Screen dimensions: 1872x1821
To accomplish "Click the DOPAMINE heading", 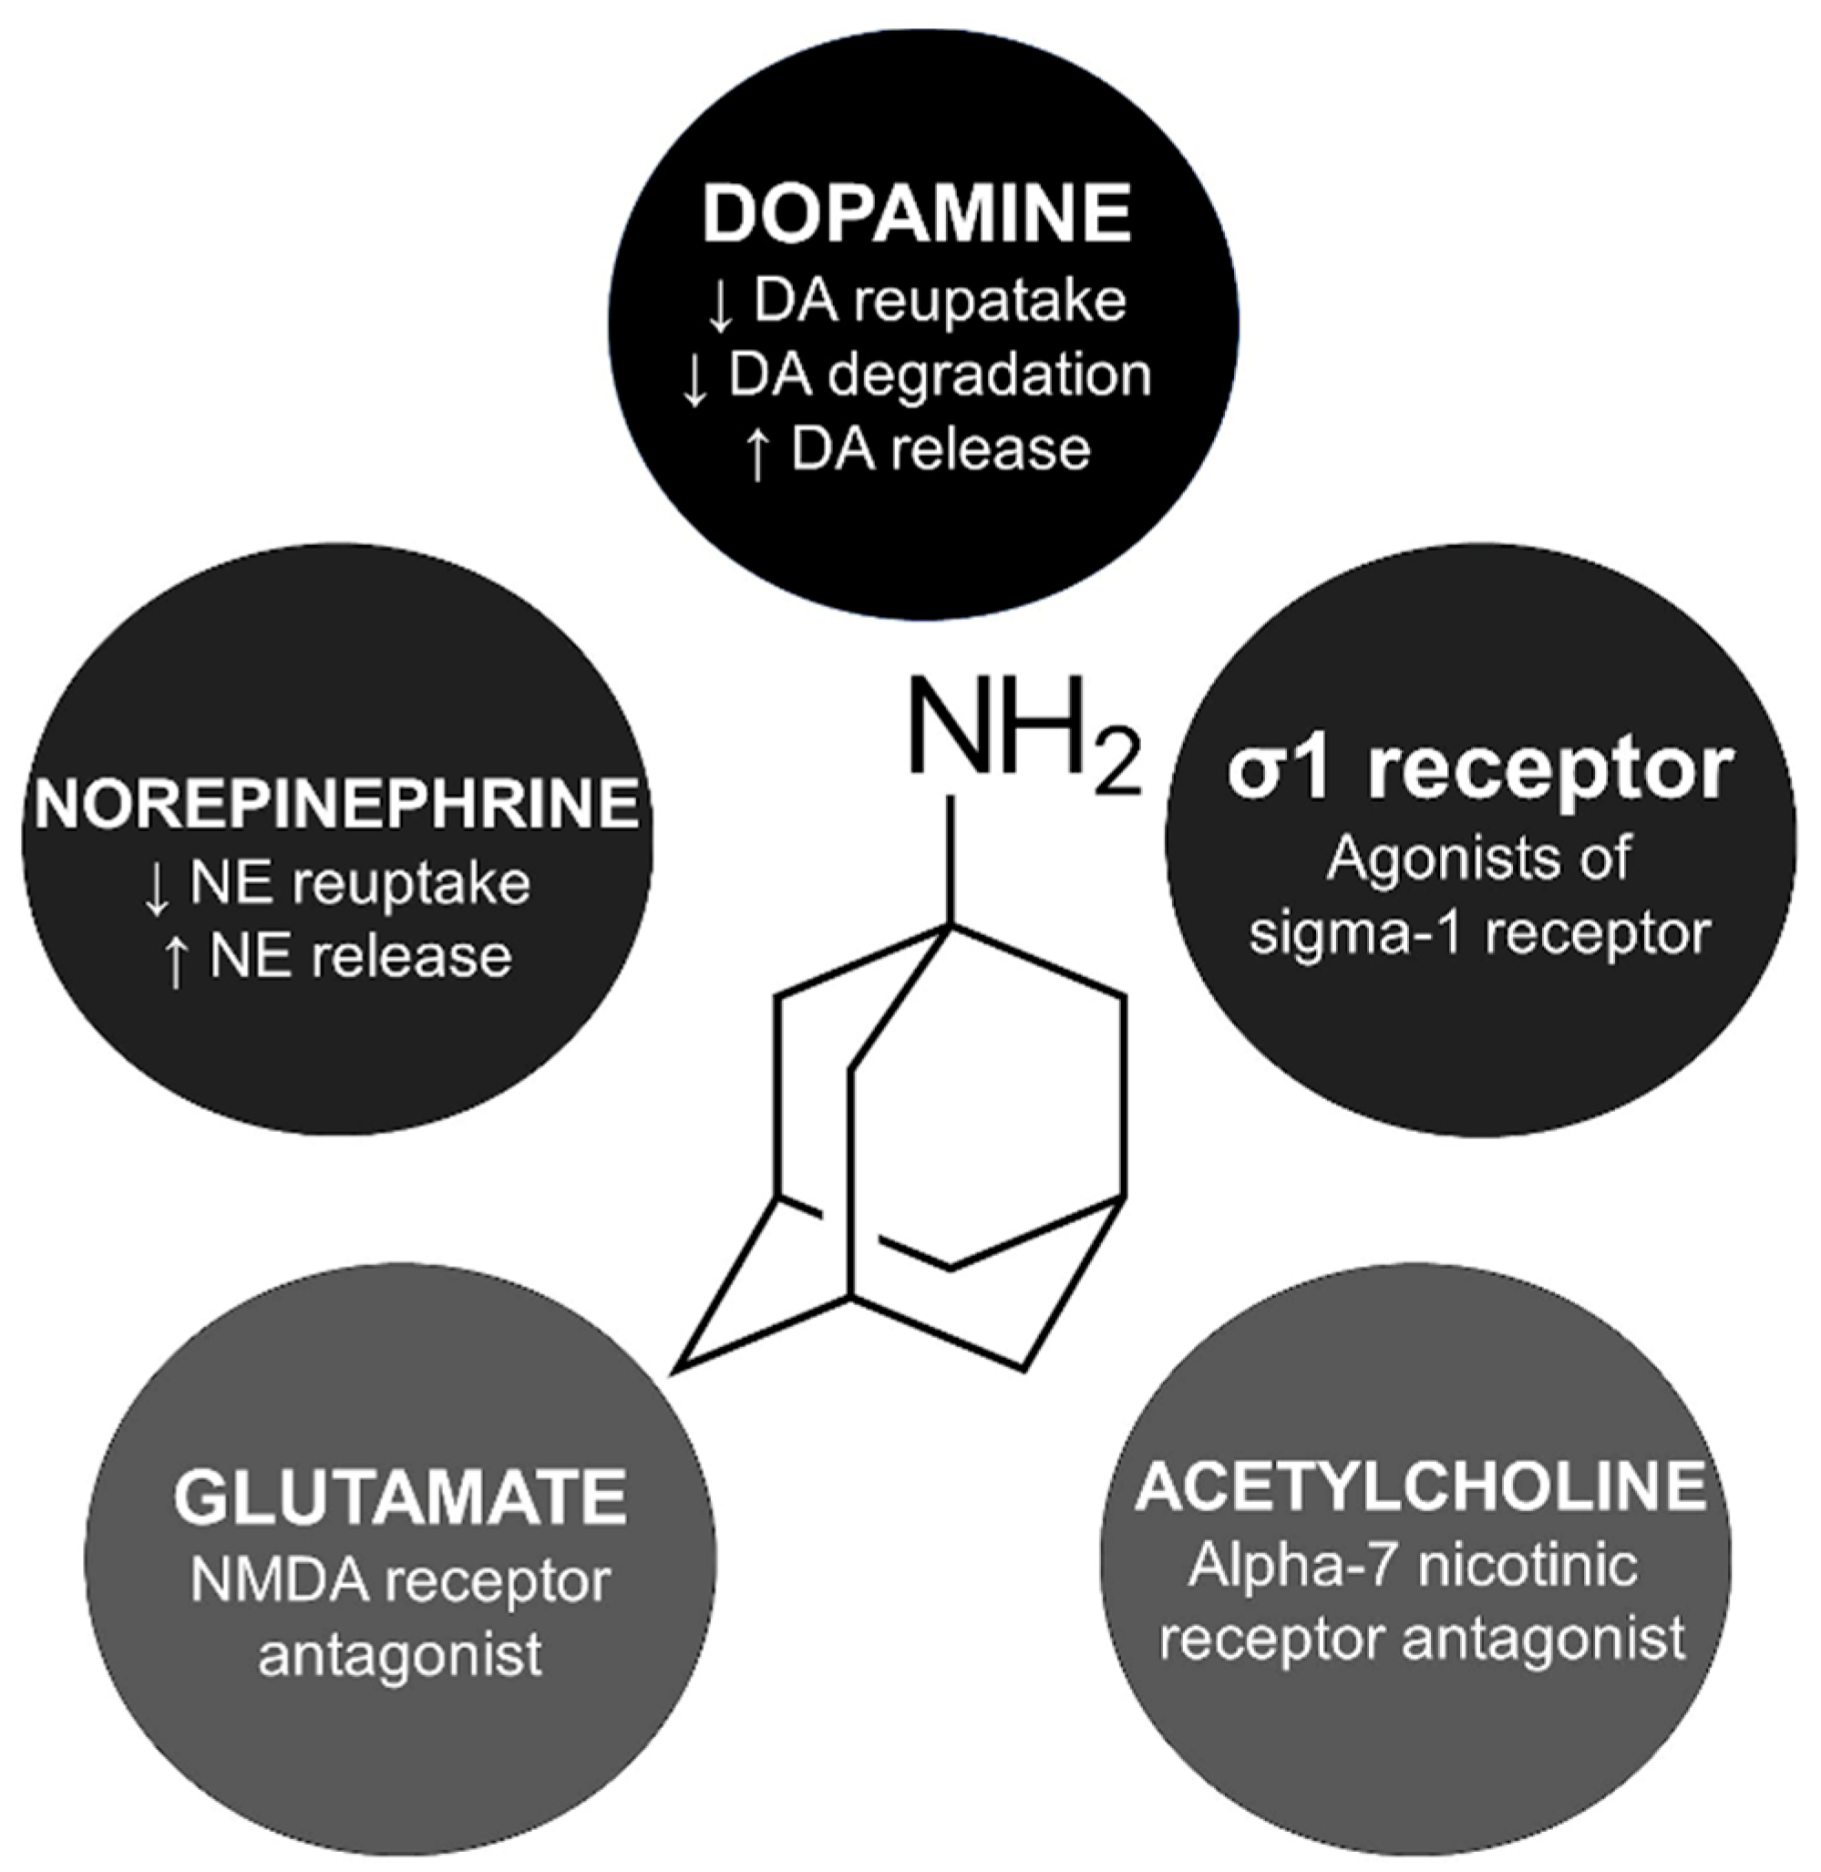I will pos(916,214).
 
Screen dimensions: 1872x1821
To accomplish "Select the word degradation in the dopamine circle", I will pos(989,375).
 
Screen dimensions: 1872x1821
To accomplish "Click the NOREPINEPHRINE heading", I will pos(336,803).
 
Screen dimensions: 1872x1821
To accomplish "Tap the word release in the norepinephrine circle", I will pos(414,958).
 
